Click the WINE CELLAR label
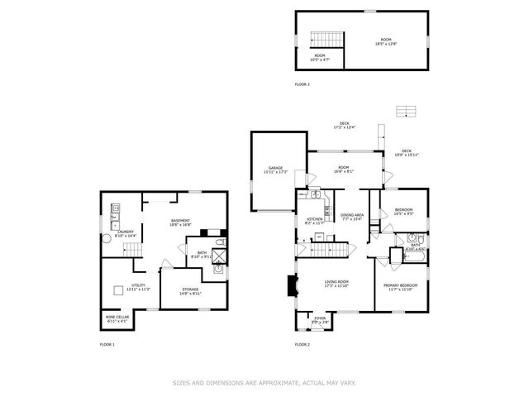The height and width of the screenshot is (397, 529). coord(117,318)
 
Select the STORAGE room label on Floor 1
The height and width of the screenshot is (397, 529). coord(191,290)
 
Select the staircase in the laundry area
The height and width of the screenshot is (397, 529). coord(130,250)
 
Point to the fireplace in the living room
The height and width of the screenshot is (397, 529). coord(289,286)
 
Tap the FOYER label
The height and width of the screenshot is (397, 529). coord(318,318)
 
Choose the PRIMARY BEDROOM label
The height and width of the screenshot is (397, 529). coord(400,286)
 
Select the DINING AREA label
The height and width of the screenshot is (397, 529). coord(352,217)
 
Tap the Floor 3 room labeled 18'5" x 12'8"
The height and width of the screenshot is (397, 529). coord(385,41)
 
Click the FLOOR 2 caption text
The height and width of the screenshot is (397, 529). coord(303,344)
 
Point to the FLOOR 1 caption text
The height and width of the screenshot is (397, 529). coord(107,344)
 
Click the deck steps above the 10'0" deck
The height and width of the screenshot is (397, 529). coord(405,111)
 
